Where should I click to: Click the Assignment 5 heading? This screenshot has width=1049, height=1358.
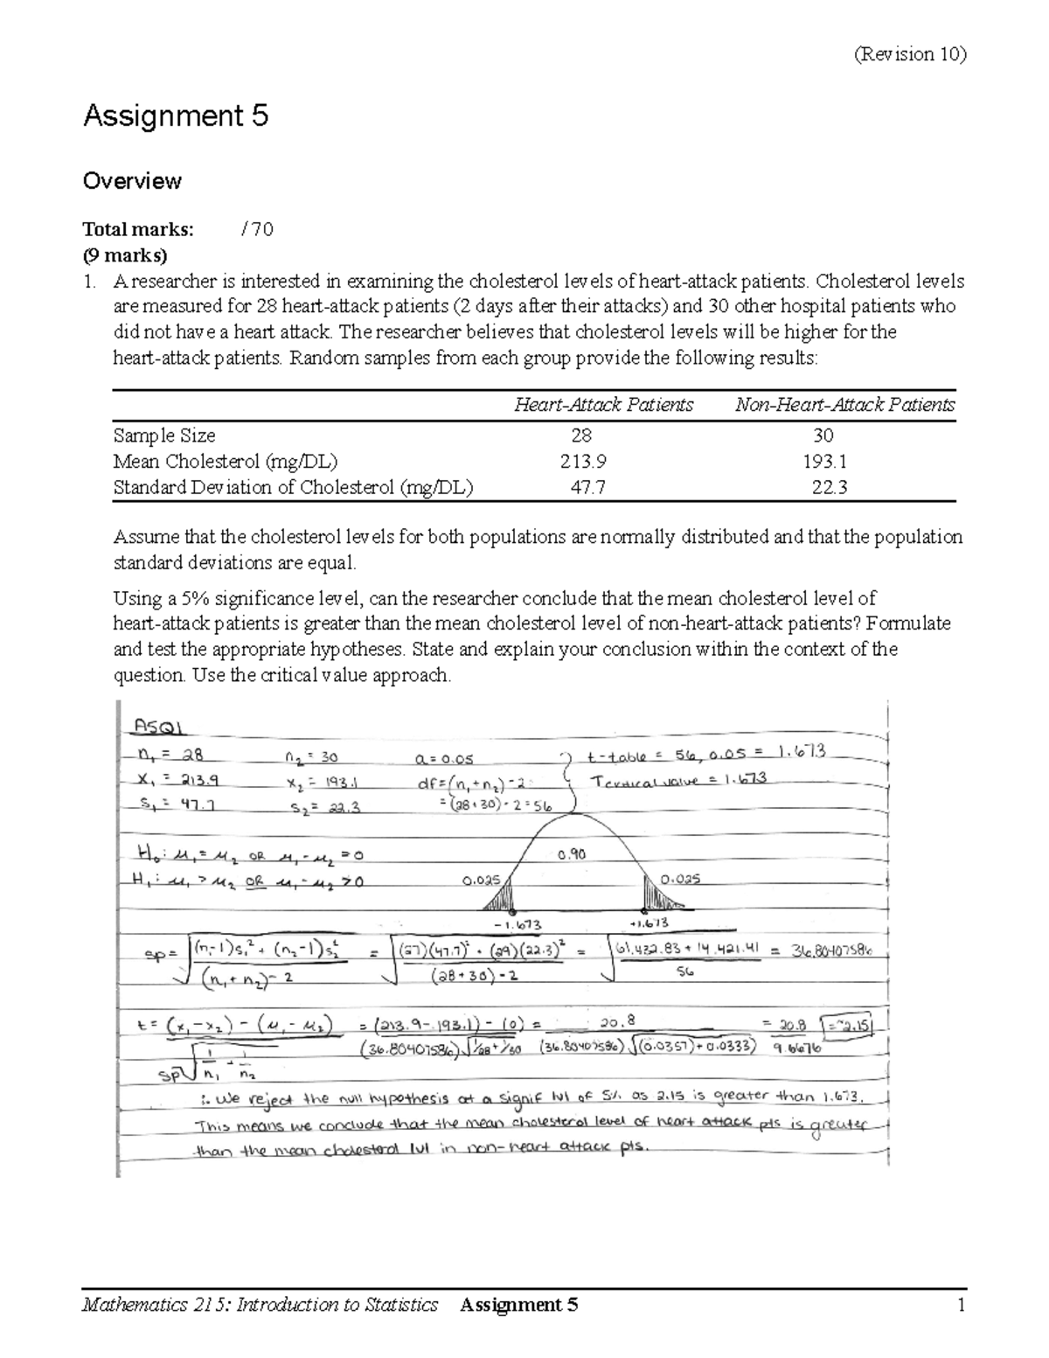tap(175, 116)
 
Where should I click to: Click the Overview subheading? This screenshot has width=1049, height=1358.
tap(131, 181)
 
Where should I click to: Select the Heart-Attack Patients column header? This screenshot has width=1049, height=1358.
tap(603, 405)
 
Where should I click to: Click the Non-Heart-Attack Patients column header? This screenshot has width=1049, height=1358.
tap(844, 405)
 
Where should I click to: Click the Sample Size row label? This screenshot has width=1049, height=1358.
tap(164, 435)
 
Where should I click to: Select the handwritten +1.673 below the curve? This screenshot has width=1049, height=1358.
tap(649, 923)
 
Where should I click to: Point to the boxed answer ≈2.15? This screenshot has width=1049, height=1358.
tap(857, 1024)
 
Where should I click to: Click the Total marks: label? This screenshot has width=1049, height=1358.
tap(138, 230)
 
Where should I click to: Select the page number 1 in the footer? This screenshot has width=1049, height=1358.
tap(959, 1306)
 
